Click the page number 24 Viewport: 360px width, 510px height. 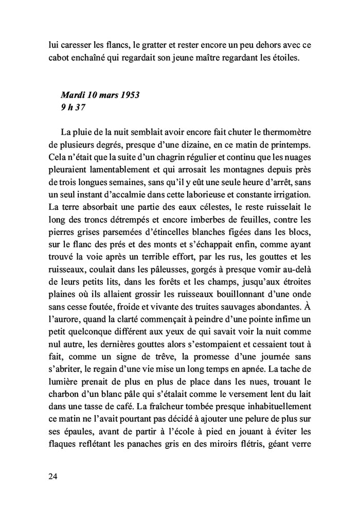click(x=52, y=476)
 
